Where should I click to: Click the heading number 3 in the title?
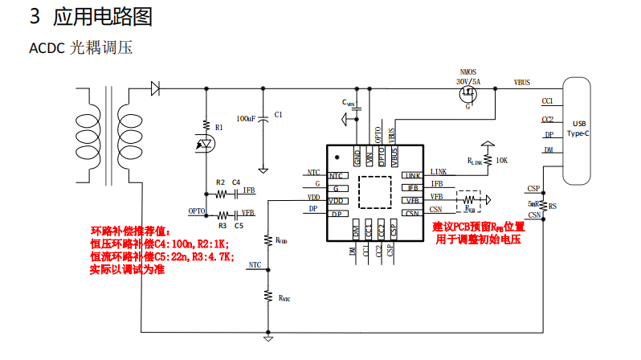point(35,16)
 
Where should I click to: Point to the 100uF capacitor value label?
point(246,118)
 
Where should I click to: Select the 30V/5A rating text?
point(467,81)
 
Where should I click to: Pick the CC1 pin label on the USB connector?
point(548,102)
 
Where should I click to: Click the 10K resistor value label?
point(502,161)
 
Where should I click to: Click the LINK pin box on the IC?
point(411,176)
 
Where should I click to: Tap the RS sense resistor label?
point(553,206)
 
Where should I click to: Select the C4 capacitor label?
point(236,182)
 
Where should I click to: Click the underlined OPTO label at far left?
point(197,211)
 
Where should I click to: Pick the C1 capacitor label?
point(278,115)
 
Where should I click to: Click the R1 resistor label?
point(218,127)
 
